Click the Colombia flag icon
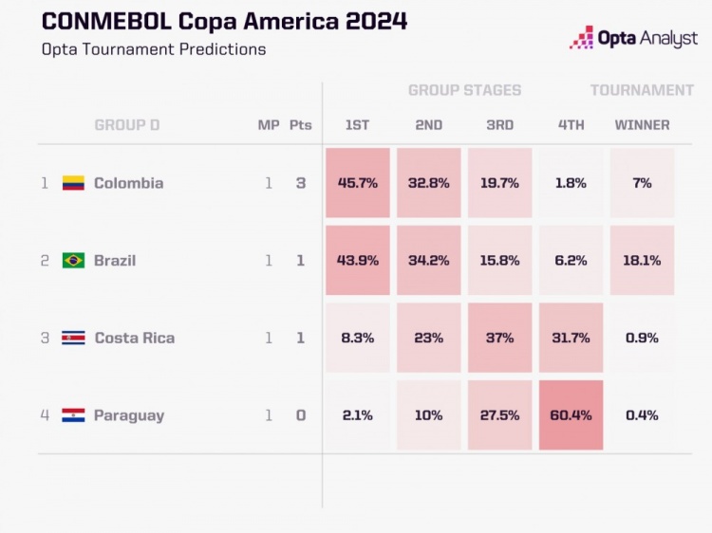tap(73, 183)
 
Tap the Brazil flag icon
tap(73, 260)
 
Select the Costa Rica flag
tap(73, 338)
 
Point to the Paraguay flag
tap(73, 415)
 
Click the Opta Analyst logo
tap(633, 38)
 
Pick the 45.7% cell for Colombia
tap(357, 183)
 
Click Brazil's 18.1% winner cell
tap(642, 260)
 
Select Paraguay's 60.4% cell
tap(571, 415)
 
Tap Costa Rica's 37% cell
tap(499, 338)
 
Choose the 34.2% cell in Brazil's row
tap(428, 260)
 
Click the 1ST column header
tap(357, 125)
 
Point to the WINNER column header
tap(642, 125)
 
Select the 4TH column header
tap(571, 125)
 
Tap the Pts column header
tap(300, 125)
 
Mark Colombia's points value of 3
tap(301, 183)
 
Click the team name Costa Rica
tap(134, 338)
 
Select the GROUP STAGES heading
tap(464, 90)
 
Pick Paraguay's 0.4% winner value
tap(642, 415)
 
